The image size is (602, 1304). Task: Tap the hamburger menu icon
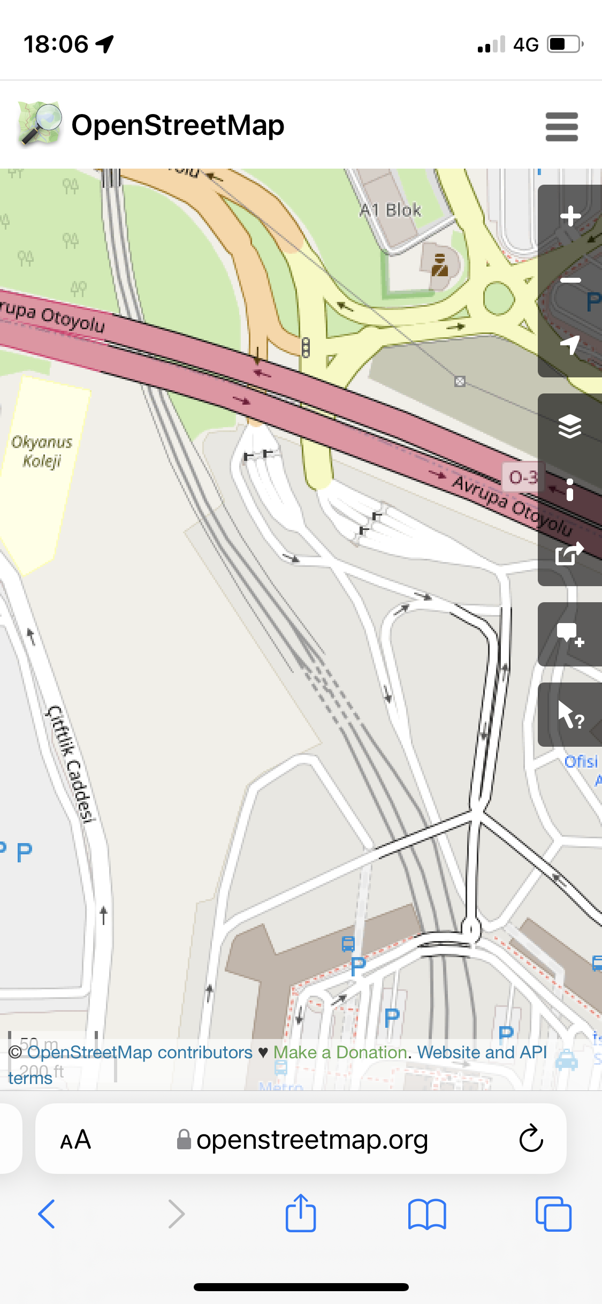(561, 126)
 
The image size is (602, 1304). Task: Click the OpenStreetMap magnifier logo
(39, 124)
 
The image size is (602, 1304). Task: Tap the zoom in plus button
(570, 216)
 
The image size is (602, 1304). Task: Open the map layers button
(569, 426)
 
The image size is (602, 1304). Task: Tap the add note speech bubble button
(569, 634)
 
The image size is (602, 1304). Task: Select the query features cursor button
(569, 715)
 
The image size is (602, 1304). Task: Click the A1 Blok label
(390, 210)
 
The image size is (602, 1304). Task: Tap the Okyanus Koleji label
(42, 451)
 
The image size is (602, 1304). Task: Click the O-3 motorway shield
(522, 477)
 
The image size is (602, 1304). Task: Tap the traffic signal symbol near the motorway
(306, 347)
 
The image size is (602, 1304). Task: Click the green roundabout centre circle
(499, 298)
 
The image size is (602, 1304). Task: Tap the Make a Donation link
(340, 1052)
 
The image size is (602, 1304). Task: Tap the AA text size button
(75, 1140)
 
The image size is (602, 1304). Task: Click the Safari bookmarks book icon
(426, 1214)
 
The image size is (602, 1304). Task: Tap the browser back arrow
(47, 1214)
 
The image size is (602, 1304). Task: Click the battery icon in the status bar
(565, 44)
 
